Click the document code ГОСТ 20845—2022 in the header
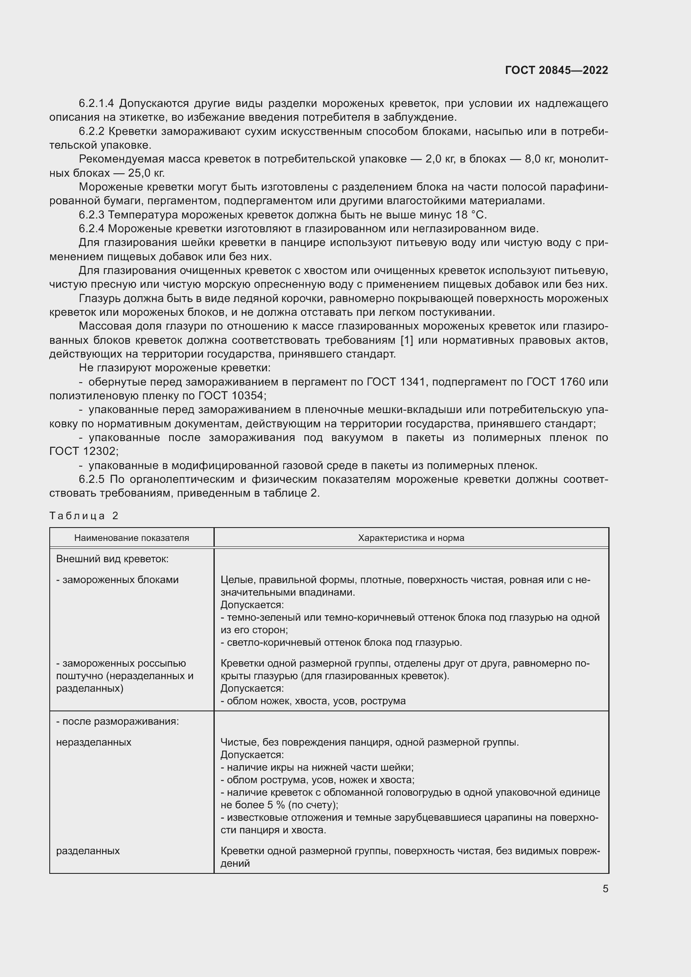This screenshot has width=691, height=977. [x=556, y=70]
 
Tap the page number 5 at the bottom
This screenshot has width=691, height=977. [x=605, y=889]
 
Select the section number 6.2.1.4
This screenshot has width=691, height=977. [x=96, y=104]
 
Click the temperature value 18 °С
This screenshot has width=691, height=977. [x=470, y=215]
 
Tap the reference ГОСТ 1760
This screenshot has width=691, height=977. [x=556, y=382]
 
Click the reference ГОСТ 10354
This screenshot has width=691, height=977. [x=231, y=396]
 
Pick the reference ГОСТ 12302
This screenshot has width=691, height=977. [x=84, y=452]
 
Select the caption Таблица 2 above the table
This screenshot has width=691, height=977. [x=84, y=516]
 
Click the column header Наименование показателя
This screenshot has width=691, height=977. [x=132, y=538]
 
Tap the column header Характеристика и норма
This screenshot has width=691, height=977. [x=411, y=538]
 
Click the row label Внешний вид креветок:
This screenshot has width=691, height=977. [x=112, y=559]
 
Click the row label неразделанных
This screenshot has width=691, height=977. [x=94, y=742]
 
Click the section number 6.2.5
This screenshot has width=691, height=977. [x=91, y=480]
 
